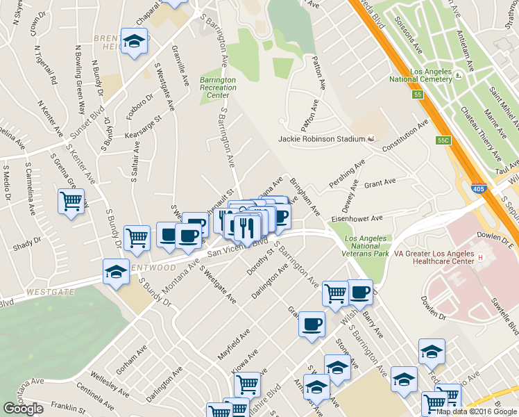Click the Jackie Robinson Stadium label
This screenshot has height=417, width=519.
coord(321,139)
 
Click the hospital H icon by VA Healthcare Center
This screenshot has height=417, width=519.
coord(480,258)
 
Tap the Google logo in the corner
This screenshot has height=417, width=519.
coord(23,409)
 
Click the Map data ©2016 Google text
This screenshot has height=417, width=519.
coord(472,411)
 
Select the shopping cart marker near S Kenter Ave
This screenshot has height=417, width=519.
coord(71,202)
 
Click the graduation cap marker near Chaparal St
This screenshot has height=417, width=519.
coord(133,41)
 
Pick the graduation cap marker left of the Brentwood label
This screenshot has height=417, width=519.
coord(116,272)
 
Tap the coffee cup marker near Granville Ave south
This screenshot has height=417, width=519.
coord(312,323)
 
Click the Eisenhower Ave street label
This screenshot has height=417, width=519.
coord(357,218)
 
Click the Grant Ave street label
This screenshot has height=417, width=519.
coord(380,183)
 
